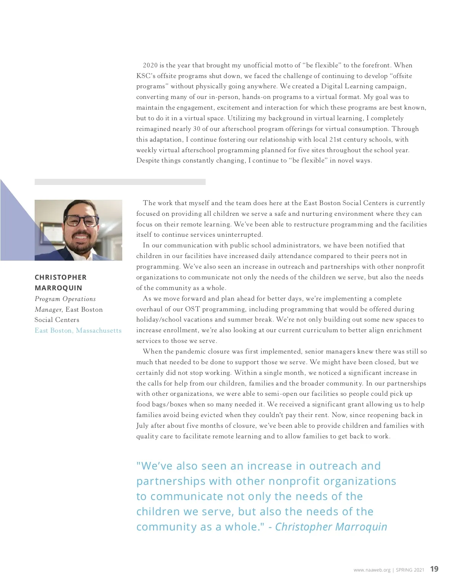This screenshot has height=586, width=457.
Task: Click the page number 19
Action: tap(434, 569)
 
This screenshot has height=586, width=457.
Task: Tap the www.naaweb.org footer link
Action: tap(372, 570)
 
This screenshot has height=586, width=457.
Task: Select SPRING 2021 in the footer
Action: tap(410, 570)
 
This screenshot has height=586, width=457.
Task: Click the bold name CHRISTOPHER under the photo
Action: tap(61, 277)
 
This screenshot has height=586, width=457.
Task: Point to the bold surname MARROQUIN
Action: tap(58, 288)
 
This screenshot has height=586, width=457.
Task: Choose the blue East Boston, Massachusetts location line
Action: tap(78, 330)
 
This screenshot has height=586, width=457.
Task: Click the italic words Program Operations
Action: tap(65, 299)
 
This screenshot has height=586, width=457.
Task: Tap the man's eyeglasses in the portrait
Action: tap(81, 221)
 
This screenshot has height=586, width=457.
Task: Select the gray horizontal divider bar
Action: tap(120, 182)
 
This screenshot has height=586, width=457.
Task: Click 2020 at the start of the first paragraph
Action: tap(150, 65)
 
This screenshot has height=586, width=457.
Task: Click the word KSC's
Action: tap(146, 76)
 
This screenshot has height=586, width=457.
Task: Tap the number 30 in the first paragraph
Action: tap(197, 129)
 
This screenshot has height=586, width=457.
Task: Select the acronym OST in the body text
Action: tap(192, 309)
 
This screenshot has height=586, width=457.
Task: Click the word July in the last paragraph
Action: tap(142, 425)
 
